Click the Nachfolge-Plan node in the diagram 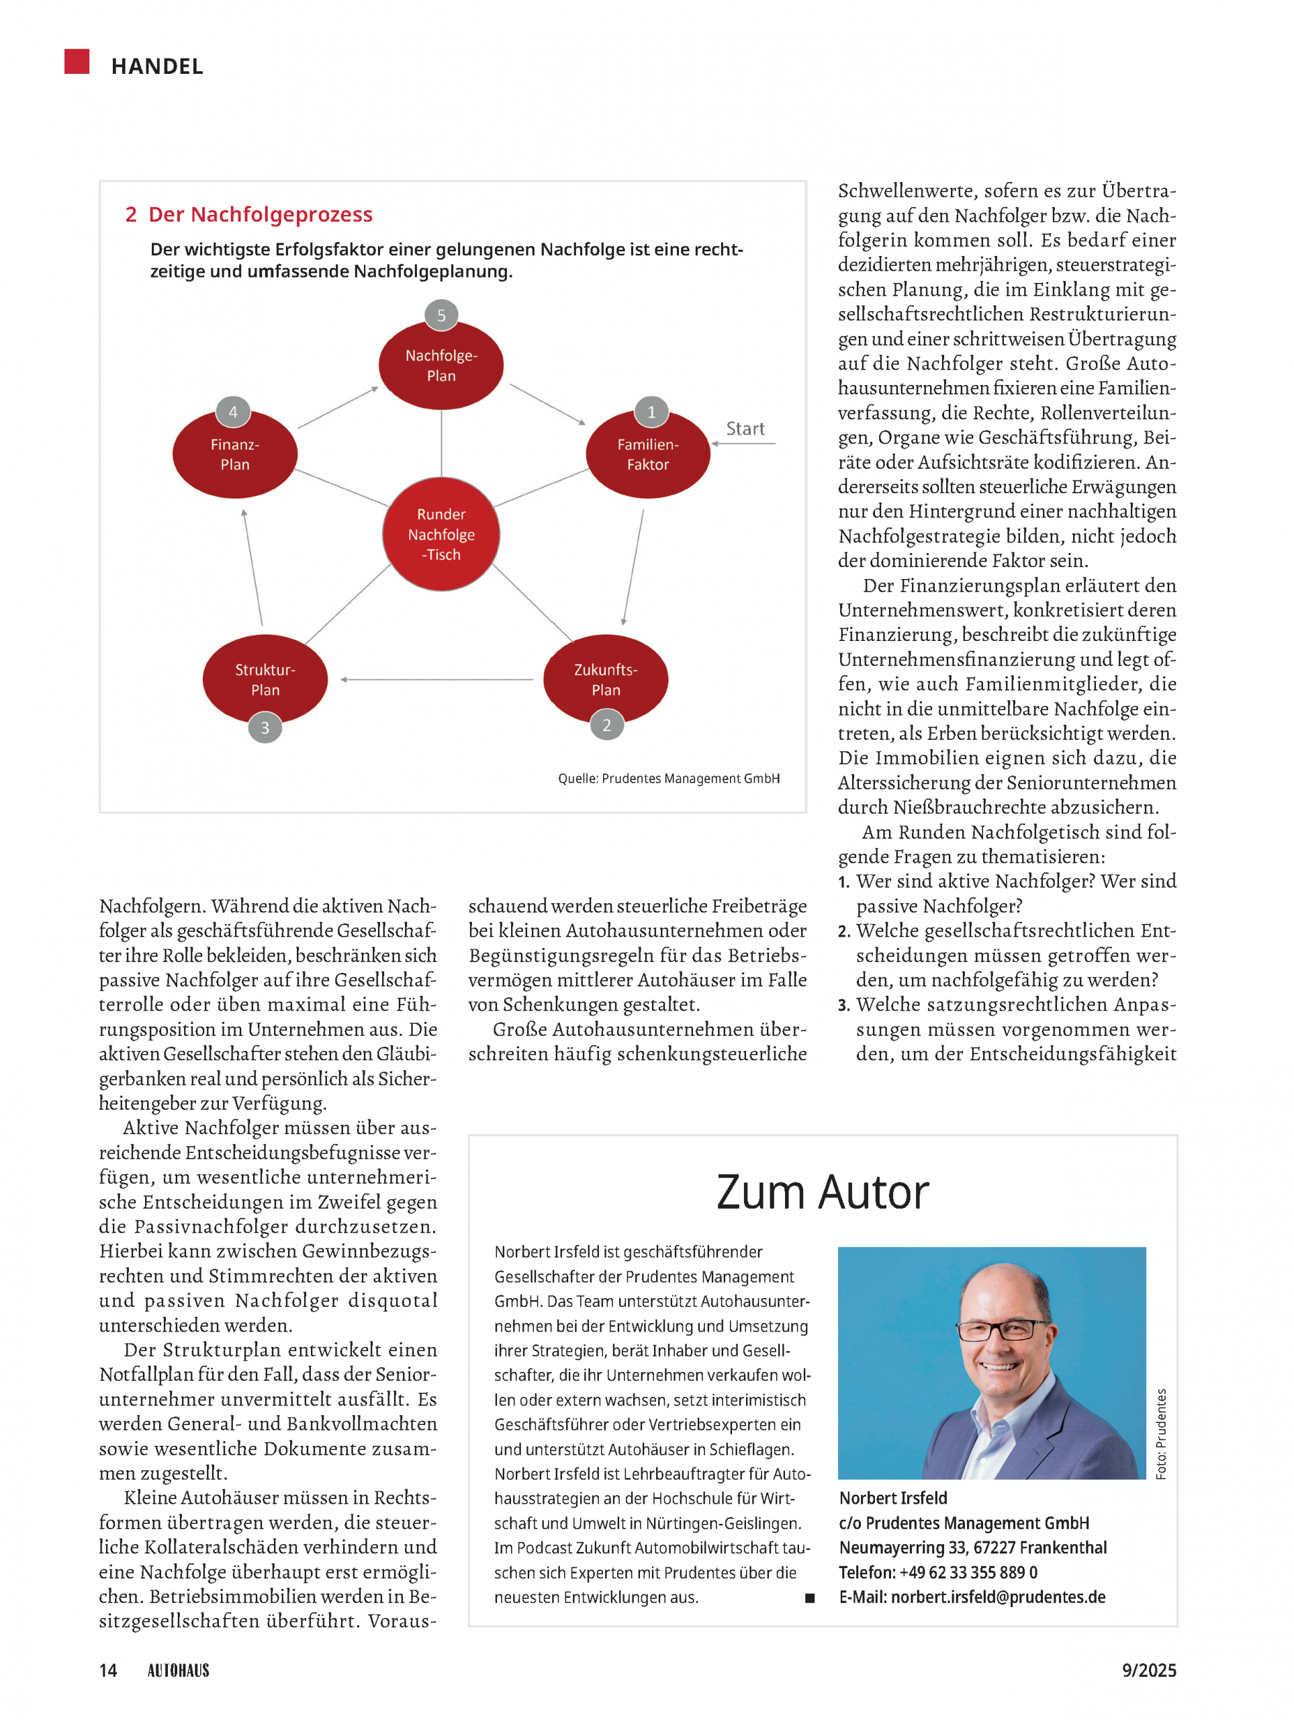tap(441, 365)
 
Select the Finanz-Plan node tap(235, 455)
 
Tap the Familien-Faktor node tap(647, 455)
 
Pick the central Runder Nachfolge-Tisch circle tap(441, 534)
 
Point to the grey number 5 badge tap(441, 315)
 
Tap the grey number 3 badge tap(265, 728)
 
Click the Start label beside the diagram tap(745, 429)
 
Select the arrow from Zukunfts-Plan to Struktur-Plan tap(436, 680)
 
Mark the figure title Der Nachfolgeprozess tap(260, 214)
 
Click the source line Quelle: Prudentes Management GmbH tap(668, 778)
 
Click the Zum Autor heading tap(822, 1192)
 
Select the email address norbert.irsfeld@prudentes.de tap(998, 1597)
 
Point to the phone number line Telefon tap(938, 1572)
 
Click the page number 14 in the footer tap(108, 1670)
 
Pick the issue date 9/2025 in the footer tap(1149, 1670)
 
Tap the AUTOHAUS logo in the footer tap(179, 1670)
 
